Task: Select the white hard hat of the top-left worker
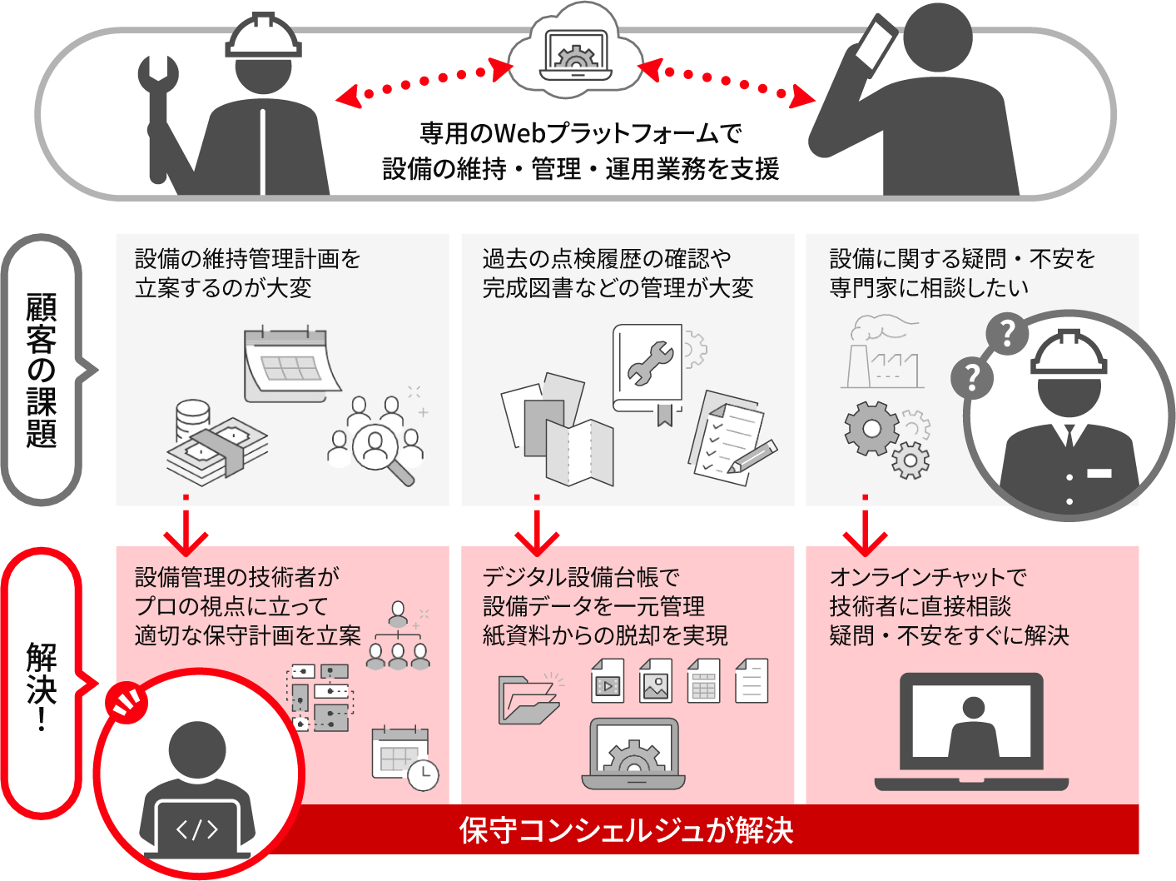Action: pyautogui.click(x=264, y=37)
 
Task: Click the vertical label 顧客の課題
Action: pyautogui.click(x=42, y=370)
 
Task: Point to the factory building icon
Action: pyautogui.click(x=882, y=353)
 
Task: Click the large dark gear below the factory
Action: pyautogui.click(x=871, y=428)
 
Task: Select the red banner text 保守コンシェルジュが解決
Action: pyautogui.click(x=626, y=830)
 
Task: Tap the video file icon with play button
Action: pyautogui.click(x=608, y=681)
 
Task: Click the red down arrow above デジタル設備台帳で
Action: pyautogui.click(x=537, y=533)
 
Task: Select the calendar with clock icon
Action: pyautogui.click(x=404, y=758)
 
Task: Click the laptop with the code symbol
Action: pyautogui.click(x=197, y=829)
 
